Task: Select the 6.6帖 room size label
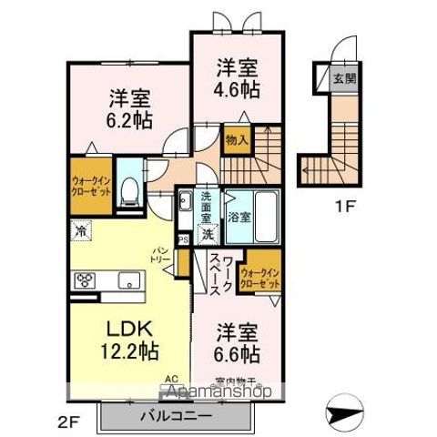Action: (237, 352)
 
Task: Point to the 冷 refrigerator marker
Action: (81, 232)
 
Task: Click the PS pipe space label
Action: (184, 239)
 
